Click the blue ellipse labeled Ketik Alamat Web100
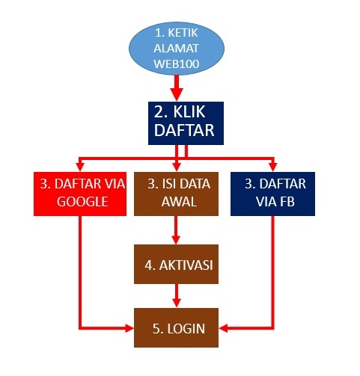click(177, 49)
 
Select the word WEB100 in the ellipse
click(177, 64)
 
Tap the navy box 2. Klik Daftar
click(186, 123)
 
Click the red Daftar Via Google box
click(80, 194)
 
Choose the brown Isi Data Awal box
click(176, 194)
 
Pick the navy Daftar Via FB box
click(272, 194)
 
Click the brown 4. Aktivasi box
click(176, 264)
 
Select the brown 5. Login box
click(176, 327)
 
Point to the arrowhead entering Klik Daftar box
click(177, 94)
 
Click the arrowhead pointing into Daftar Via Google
click(80, 167)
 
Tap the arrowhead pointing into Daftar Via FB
click(273, 167)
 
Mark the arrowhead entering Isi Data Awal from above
click(177, 167)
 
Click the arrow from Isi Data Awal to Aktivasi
click(176, 230)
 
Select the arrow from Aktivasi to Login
click(177, 296)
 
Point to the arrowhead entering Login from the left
click(129, 328)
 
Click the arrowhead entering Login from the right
click(223, 328)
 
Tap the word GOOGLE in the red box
click(82, 202)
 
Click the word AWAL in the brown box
click(179, 202)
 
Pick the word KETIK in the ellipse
click(183, 33)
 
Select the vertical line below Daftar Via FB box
click(273, 272)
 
